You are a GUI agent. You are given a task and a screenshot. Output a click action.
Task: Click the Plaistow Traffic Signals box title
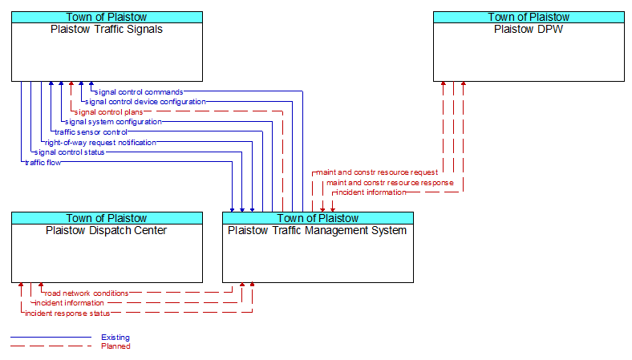pyautogui.click(x=107, y=30)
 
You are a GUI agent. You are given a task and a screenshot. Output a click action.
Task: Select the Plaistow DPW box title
pyautogui.click(x=529, y=30)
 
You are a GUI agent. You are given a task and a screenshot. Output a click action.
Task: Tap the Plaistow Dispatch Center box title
pyautogui.click(x=107, y=231)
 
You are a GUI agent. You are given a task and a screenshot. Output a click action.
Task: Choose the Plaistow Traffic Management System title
pyautogui.click(x=318, y=231)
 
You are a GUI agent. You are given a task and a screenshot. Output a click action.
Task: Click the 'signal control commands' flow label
pyautogui.click(x=139, y=92)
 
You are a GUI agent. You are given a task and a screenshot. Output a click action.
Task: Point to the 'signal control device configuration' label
pyautogui.click(x=145, y=102)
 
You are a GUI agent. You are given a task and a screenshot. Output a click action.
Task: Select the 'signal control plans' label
pyautogui.click(x=108, y=112)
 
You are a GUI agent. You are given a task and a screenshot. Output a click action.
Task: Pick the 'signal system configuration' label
pyautogui.click(x=113, y=122)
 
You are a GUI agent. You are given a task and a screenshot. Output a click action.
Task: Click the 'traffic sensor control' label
pyautogui.click(x=91, y=131)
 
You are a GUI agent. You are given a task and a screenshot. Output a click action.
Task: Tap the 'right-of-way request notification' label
pyautogui.click(x=100, y=142)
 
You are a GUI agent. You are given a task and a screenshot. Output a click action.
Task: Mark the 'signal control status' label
pyautogui.click(x=69, y=152)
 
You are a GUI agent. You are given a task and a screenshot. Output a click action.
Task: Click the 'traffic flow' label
pyautogui.click(x=43, y=163)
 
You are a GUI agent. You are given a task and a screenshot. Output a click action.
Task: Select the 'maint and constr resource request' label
pyautogui.click(x=377, y=172)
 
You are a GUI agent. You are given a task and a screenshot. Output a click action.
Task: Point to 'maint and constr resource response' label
pyautogui.click(x=390, y=183)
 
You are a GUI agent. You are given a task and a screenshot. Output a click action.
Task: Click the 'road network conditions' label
pyautogui.click(x=87, y=293)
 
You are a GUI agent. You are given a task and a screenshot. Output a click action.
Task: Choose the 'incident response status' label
pyautogui.click(x=67, y=313)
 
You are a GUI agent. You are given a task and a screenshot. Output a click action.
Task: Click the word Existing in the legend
pyautogui.click(x=115, y=338)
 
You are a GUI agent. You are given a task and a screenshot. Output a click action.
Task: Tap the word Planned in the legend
pyautogui.click(x=115, y=346)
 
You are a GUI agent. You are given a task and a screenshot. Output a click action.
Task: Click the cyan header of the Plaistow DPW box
pyautogui.click(x=529, y=17)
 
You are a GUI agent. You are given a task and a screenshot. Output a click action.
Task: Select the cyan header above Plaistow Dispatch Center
pyautogui.click(x=107, y=218)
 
